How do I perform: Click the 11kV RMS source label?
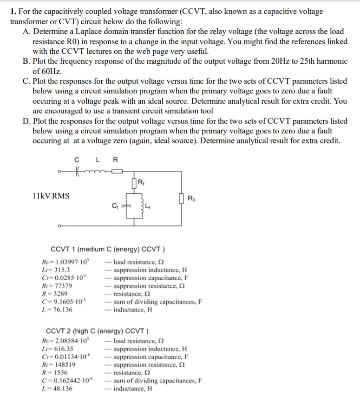(x=51, y=196)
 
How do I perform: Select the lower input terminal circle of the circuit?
(x=59, y=227)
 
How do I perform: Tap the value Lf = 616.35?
(x=58, y=349)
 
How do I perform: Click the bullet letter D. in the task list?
(x=26, y=121)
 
